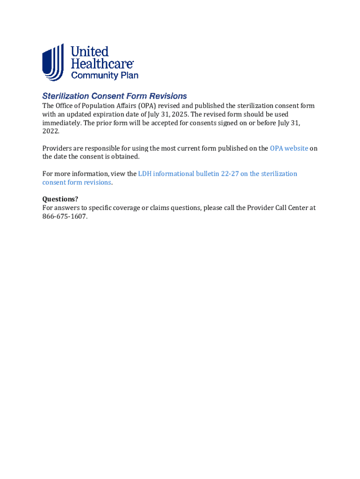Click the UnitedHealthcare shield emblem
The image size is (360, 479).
53,63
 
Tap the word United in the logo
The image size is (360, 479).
90,51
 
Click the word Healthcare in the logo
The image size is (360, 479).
102,64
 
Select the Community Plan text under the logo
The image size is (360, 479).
104,75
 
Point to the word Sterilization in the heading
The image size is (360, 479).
65,96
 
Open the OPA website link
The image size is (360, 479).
289,148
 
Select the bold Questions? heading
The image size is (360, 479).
60,199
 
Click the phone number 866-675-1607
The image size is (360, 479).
65,217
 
